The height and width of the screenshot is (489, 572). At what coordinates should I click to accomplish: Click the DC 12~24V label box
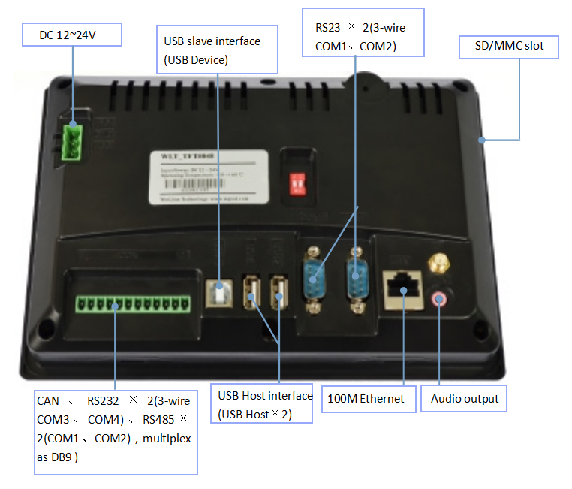coord(71,35)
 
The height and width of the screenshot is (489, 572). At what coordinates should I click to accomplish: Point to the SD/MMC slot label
coord(510,47)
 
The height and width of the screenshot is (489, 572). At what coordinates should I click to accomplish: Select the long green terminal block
coord(132,303)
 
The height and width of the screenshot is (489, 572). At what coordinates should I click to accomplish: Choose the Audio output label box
coord(464,398)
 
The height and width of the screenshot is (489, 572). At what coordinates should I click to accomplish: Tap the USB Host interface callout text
coord(265,404)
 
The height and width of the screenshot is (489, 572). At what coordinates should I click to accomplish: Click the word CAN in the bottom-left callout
coord(47,401)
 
